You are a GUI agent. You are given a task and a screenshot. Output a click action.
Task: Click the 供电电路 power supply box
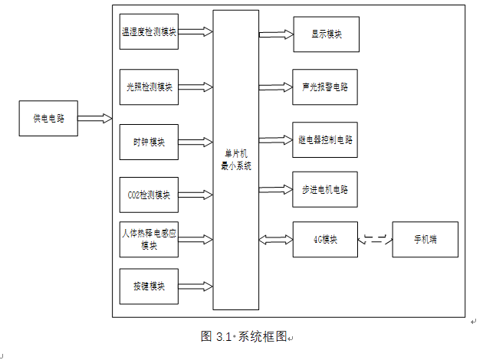(x=48, y=119)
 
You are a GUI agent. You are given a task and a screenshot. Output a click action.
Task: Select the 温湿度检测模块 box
(x=149, y=32)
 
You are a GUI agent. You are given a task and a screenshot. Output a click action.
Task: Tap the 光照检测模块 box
(x=149, y=87)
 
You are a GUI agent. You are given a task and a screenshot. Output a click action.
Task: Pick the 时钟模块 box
(x=149, y=142)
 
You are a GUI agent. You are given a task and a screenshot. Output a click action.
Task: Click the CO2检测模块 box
(x=149, y=195)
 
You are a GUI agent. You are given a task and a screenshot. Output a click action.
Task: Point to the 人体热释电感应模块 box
(x=149, y=239)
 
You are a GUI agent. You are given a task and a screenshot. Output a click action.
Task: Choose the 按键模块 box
(x=149, y=286)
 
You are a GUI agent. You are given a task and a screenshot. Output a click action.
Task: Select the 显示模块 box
(x=326, y=34)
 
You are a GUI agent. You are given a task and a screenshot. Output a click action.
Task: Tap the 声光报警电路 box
(x=326, y=87)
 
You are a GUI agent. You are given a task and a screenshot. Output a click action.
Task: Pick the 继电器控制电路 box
(x=326, y=140)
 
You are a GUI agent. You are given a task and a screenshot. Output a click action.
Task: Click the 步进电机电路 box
(x=326, y=189)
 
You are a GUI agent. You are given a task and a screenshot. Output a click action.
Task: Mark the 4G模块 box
(x=326, y=239)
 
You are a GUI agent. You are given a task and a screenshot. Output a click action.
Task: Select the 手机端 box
(x=425, y=239)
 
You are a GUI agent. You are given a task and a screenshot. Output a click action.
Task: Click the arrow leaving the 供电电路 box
(x=95, y=119)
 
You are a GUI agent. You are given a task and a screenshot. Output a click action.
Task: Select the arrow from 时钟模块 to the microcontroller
(x=195, y=142)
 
